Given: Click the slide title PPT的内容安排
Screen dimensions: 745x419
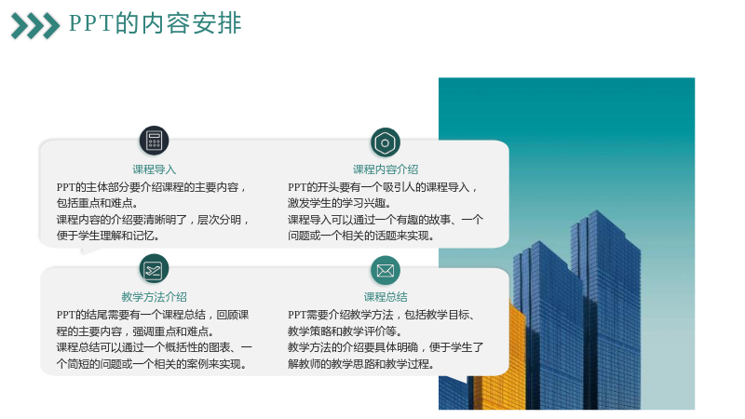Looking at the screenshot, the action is pyautogui.click(x=156, y=23).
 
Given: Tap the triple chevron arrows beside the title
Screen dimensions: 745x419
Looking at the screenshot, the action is pyautogui.click(x=35, y=26).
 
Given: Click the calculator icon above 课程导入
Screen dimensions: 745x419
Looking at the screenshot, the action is pyautogui.click(x=154, y=141).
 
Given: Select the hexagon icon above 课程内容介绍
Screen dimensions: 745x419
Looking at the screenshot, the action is pyautogui.click(x=386, y=142).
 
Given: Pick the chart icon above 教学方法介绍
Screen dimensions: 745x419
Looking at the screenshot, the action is pyautogui.click(x=154, y=269).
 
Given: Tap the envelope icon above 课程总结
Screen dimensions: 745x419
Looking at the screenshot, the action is pyautogui.click(x=386, y=270).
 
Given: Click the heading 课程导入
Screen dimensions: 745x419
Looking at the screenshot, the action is pyautogui.click(x=154, y=169).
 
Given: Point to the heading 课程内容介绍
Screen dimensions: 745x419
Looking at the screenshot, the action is pyautogui.click(x=386, y=169).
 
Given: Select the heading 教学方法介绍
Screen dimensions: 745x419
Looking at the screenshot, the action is pyautogui.click(x=154, y=297).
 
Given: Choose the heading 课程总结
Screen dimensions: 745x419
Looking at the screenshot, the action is pyautogui.click(x=386, y=297).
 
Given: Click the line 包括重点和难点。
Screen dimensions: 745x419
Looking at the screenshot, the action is pyautogui.click(x=98, y=203).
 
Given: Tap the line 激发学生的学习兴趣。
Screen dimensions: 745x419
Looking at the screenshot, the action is pyautogui.click(x=339, y=203).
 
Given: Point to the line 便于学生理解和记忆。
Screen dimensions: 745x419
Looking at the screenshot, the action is pyautogui.click(x=108, y=236).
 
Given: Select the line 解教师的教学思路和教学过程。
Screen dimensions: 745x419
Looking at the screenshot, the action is pyautogui.click(x=361, y=364).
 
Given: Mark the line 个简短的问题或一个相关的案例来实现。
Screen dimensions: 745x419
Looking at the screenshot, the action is pyautogui.click(x=152, y=364).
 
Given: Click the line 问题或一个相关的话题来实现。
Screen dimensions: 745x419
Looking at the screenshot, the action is pyautogui.click(x=361, y=236).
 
